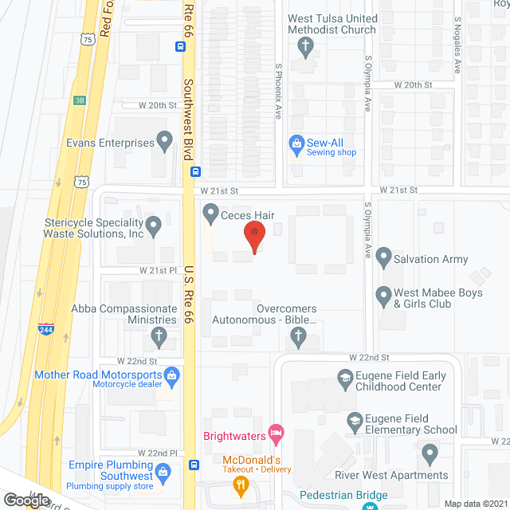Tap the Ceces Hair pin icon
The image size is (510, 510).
coord(211,213)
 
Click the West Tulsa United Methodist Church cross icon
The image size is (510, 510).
coord(304,47)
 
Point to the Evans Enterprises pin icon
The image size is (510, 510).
coord(165,143)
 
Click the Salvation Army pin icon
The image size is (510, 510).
coord(383,258)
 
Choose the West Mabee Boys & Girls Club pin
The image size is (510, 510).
coord(383,296)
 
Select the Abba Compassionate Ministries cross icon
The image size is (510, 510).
coord(159,338)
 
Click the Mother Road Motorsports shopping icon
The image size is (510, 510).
coord(171,375)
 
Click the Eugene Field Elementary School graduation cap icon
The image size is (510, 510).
coord(355,419)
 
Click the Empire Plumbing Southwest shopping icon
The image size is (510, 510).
coord(163,471)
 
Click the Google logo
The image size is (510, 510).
coord(27,500)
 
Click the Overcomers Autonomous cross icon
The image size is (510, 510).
coord(299,340)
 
